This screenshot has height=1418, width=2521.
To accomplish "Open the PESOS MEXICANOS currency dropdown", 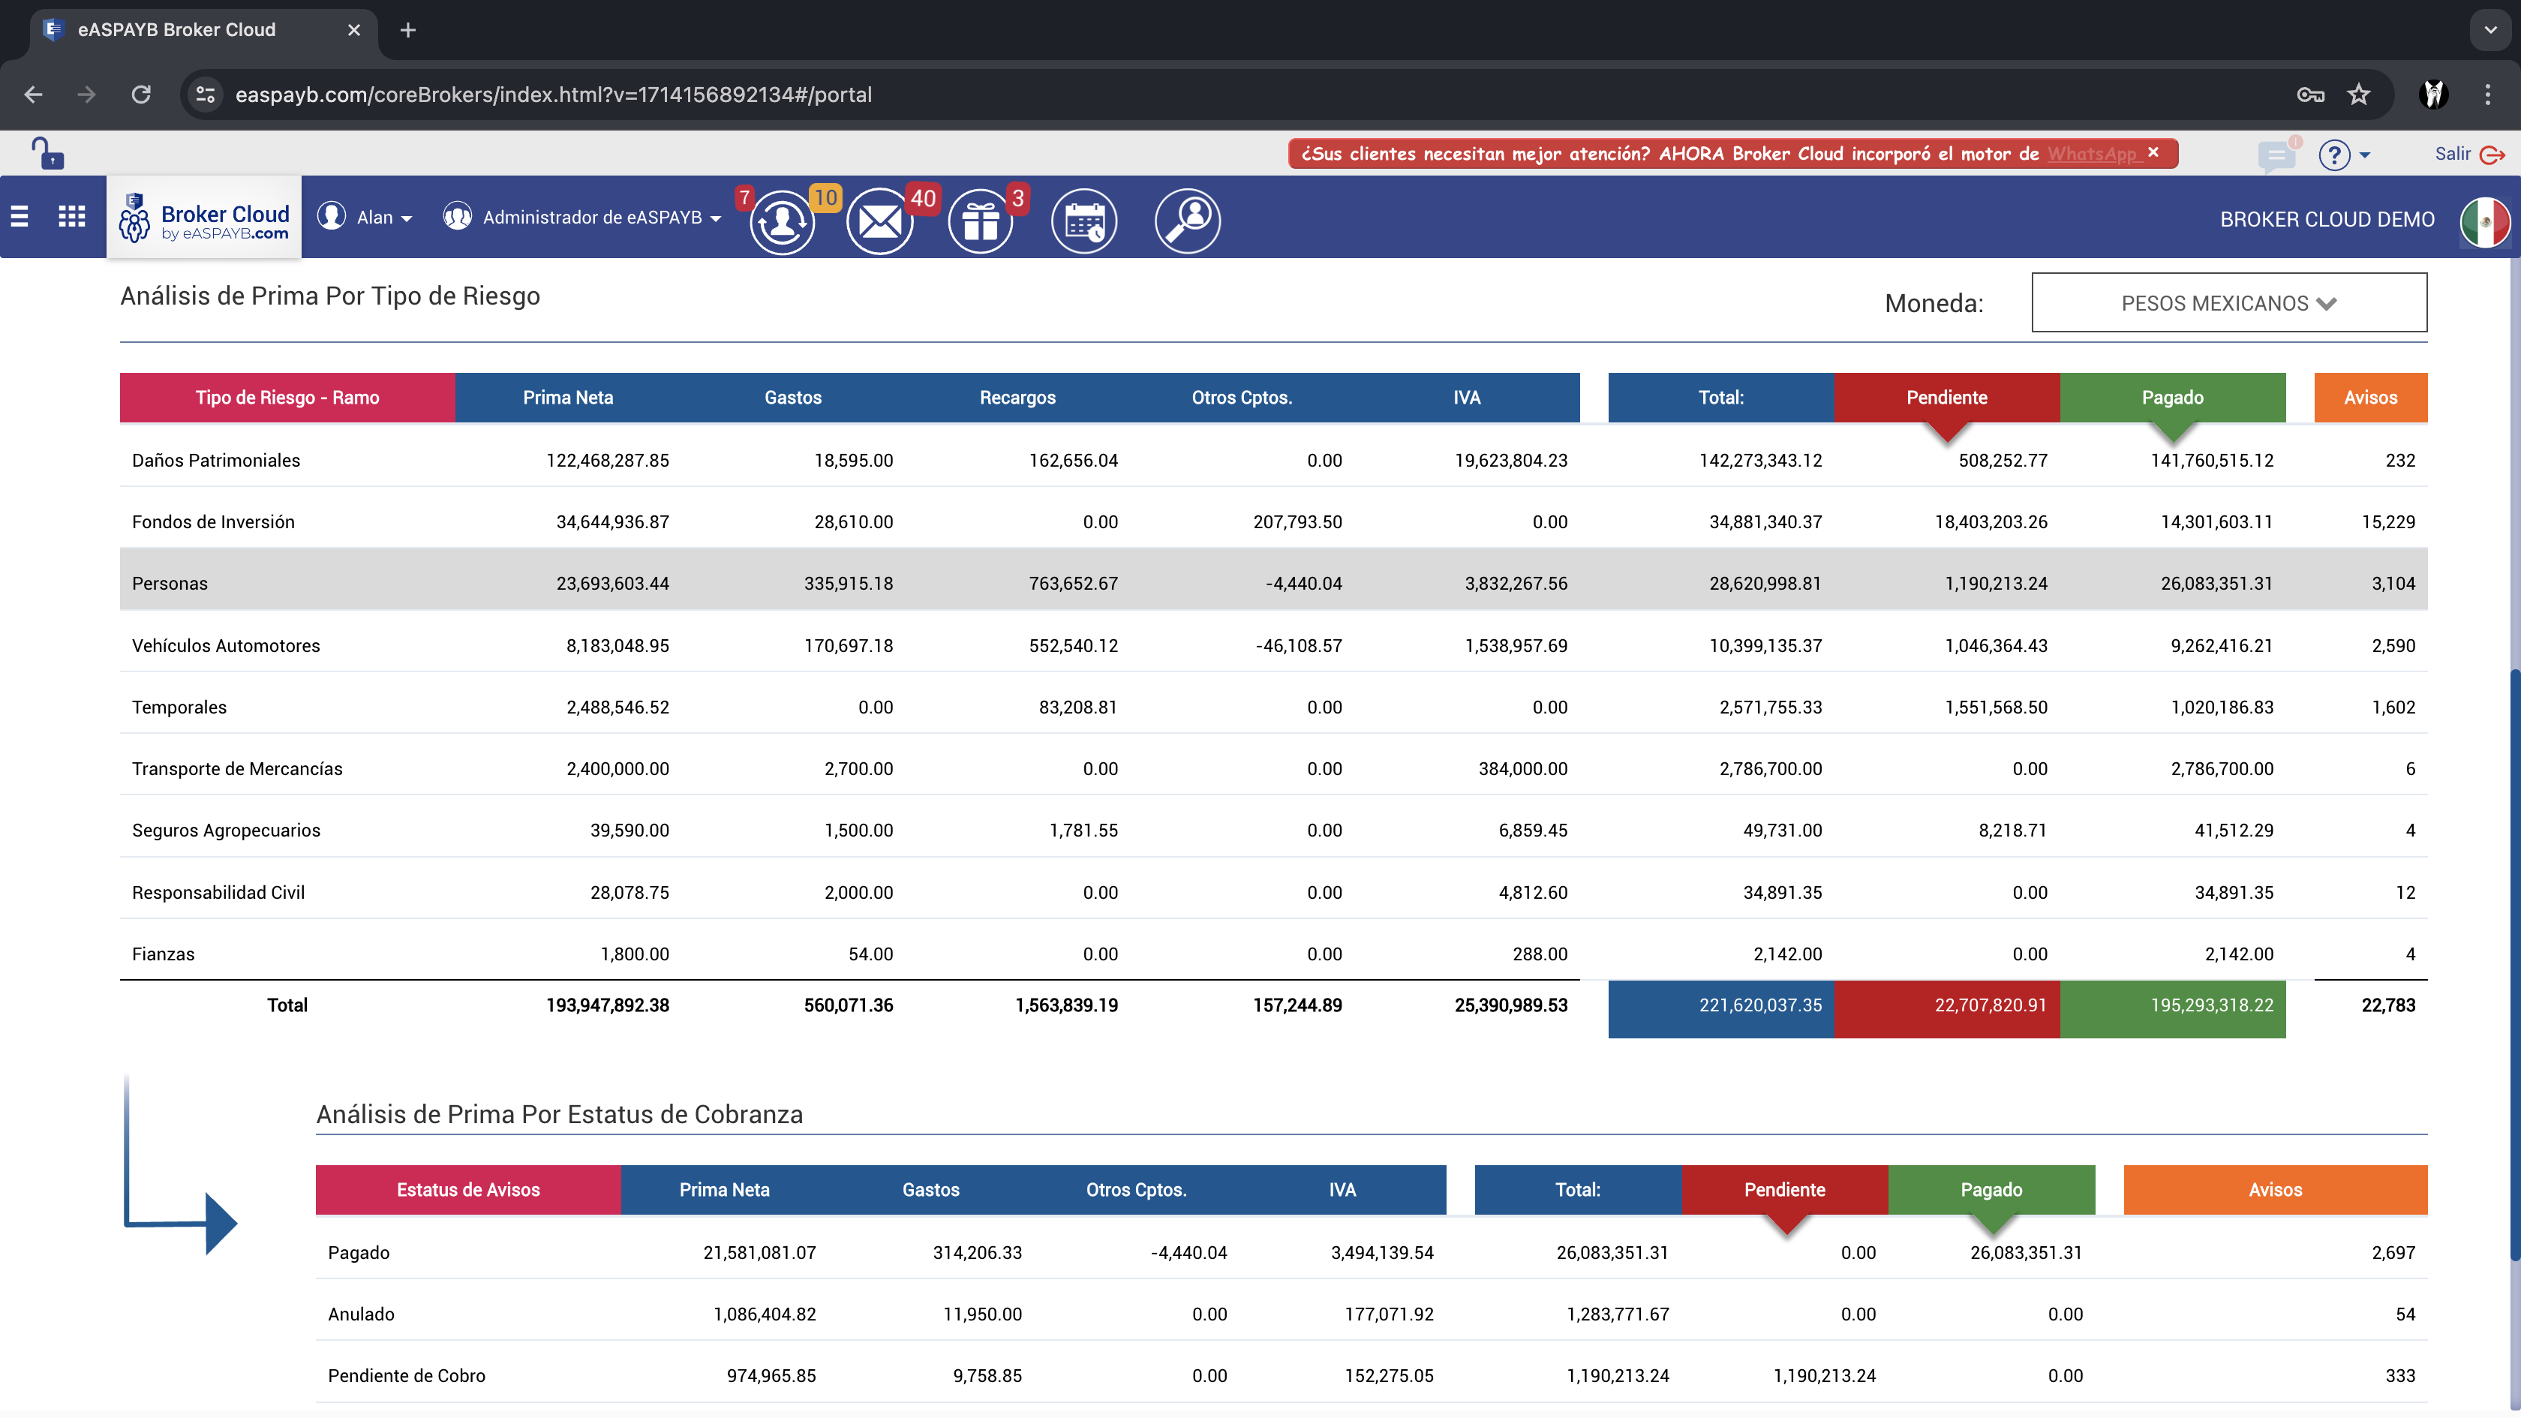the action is pos(2228,303).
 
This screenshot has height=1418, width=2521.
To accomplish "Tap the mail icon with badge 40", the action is pos(880,221).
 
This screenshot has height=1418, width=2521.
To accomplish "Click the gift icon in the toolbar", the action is pos(980,221).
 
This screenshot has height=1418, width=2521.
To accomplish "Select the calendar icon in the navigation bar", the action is pos(1084,221).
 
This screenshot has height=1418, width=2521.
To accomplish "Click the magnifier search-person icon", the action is pos(1187,221).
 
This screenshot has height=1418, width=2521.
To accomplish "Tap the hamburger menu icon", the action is pos(20,216).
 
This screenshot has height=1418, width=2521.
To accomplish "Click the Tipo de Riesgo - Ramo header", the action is pos(287,398).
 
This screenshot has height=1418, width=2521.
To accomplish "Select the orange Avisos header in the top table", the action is pos(2370,398).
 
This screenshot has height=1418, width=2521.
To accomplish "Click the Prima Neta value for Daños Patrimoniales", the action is pos(608,460).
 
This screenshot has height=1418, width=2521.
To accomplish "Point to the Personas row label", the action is pos(170,583).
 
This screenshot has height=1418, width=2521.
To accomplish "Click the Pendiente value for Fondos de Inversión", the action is pos(1991,521).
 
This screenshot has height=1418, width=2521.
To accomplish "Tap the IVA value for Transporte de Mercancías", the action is pos(1523,768).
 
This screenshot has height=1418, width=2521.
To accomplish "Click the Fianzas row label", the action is pos(164,954).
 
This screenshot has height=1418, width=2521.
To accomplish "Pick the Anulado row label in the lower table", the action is pos(361,1314).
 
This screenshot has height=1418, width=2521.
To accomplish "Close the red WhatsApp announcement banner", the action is pos(2153,152).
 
